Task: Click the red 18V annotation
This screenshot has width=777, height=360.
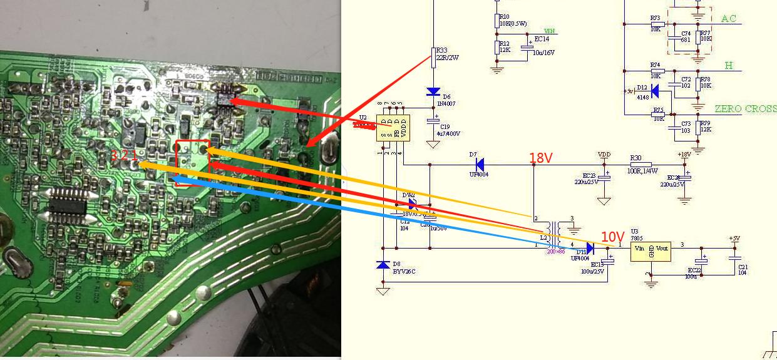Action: coord(541,158)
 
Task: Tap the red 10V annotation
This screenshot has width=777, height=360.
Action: coord(613,237)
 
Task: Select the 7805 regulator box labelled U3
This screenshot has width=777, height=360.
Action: coord(651,252)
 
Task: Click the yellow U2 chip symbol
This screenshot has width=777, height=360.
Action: coord(393,128)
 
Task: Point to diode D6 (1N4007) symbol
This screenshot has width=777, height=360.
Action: coord(433,92)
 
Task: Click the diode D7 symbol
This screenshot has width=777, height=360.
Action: coord(479,165)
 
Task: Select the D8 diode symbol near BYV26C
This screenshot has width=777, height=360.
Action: coord(383,265)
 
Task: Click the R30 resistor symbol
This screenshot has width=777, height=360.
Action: coord(636,165)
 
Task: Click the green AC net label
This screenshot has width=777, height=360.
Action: coord(729,19)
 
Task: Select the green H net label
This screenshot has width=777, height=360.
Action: coord(729,66)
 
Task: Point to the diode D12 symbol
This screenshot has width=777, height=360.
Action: coord(655,91)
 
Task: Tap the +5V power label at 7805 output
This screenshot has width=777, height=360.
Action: coord(734,239)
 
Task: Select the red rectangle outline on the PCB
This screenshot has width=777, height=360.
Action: coord(192,163)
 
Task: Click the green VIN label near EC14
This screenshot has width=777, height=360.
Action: coord(549,31)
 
